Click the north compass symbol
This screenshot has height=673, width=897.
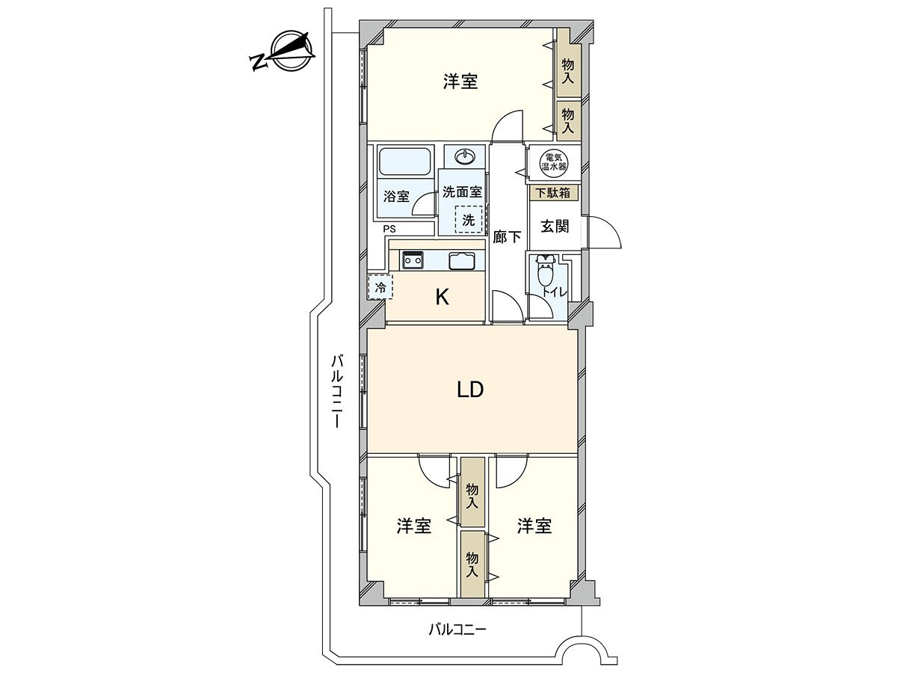[x=286, y=52]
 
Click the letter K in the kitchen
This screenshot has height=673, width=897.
[x=442, y=298]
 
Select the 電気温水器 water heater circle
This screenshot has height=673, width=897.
[x=554, y=163]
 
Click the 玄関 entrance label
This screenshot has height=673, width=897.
[x=555, y=226]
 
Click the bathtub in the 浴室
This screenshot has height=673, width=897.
[x=404, y=162]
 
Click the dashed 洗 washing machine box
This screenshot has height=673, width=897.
[x=469, y=221]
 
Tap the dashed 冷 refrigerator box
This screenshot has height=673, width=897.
[x=380, y=286]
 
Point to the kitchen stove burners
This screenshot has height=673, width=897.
[x=412, y=260]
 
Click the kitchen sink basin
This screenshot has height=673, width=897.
[x=460, y=261]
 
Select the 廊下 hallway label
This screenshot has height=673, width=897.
[x=508, y=238]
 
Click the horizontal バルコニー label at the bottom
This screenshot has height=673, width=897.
[x=457, y=630]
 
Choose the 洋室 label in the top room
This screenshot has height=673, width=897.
[x=460, y=82]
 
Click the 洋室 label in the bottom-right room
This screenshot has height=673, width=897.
[x=534, y=526]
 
